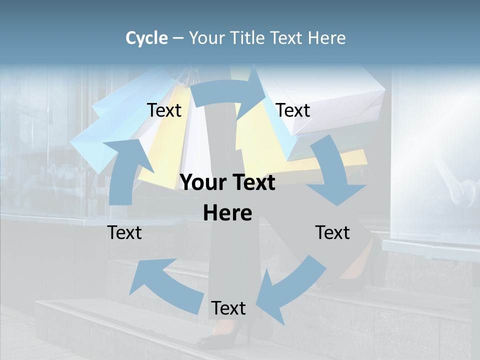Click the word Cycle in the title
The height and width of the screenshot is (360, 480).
pos(146,38)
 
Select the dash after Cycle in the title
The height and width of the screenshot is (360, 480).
pos(178,38)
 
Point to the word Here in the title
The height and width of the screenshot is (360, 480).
pos(327,38)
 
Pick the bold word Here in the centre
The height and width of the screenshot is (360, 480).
pos(227,213)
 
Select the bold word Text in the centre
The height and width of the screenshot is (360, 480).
pos(252,183)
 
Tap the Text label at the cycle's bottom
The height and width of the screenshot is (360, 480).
pos(228,308)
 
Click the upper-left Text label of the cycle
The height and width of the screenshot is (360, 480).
pos(164,110)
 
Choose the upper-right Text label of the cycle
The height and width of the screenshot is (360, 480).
pos(293,110)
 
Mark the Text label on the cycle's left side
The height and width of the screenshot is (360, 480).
pos(124,232)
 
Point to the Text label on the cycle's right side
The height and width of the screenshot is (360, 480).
pos(332,232)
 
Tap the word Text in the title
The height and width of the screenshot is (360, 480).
pos(287,38)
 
